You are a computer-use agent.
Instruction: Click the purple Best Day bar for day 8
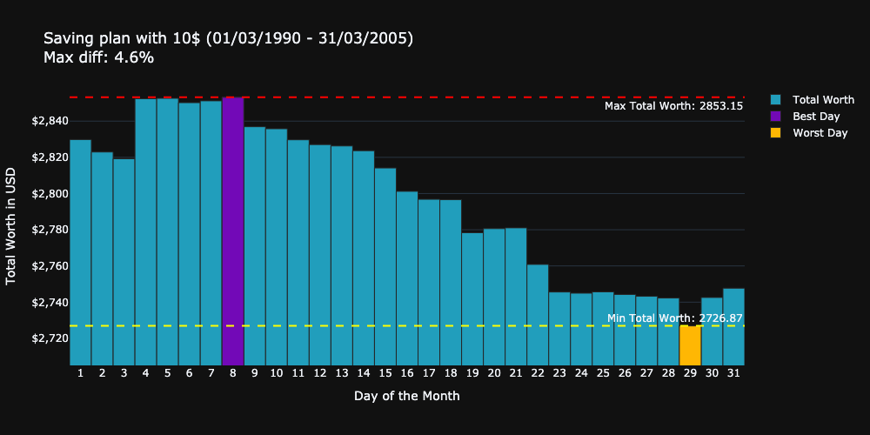[x=232, y=231]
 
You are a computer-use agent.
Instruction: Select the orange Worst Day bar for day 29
[x=690, y=345]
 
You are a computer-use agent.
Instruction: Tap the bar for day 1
[x=80, y=252]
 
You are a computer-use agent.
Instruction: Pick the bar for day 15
[x=385, y=266]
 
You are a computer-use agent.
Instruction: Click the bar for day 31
[x=733, y=326]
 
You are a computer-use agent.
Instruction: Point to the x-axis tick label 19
[x=472, y=373]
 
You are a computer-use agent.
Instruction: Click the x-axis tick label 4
[x=145, y=373]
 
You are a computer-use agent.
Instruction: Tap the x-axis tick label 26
[x=625, y=373]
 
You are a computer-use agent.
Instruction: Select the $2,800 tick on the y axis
[x=48, y=194]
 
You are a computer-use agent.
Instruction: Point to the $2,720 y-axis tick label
[x=48, y=338]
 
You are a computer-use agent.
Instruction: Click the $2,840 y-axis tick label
[x=48, y=121]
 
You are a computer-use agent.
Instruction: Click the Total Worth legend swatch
[x=776, y=100]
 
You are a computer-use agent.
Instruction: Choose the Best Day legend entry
[x=816, y=117]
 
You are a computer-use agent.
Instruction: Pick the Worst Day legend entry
[x=820, y=133]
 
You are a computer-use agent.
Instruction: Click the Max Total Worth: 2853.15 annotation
[x=673, y=106]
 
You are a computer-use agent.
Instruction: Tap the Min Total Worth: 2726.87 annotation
[x=674, y=318]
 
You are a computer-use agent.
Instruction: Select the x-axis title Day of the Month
[x=406, y=396]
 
